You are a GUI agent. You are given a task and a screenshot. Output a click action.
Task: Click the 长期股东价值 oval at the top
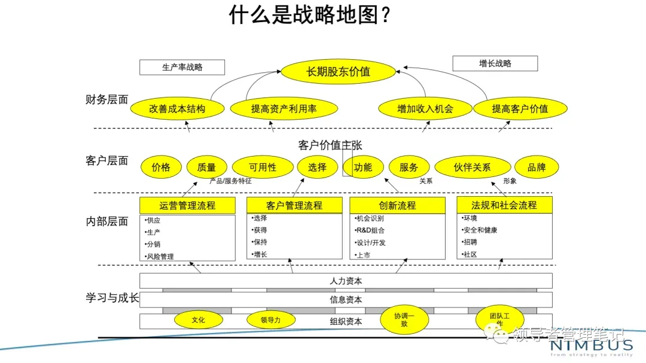pos(339,72)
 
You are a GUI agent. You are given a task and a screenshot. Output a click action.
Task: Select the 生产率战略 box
pos(182,67)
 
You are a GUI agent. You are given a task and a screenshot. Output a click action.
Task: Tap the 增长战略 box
pos(495,63)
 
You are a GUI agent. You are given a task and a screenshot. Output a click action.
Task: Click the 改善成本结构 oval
pos(178,109)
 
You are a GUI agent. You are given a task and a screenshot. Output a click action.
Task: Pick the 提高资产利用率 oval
pos(284,109)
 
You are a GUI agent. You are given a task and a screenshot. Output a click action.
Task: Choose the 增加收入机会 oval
pos(425,109)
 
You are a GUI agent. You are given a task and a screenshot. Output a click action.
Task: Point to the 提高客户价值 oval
pos(520,109)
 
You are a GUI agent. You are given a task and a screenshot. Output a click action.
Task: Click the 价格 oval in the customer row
pos(161,167)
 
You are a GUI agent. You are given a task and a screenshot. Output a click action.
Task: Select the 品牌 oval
pos(537,167)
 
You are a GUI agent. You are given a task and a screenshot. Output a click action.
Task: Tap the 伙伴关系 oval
pos(472,167)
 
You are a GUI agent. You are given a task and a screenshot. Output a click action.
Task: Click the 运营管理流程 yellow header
pos(187,206)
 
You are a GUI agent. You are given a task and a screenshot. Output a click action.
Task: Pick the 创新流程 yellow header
pos(397,206)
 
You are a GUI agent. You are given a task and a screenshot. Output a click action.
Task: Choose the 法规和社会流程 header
pos(504,206)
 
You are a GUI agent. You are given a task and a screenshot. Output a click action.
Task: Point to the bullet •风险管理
pos(160,257)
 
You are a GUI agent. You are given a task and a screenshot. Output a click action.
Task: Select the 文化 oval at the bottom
pos(198,320)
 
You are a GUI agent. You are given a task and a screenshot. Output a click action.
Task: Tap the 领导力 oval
pos(270,320)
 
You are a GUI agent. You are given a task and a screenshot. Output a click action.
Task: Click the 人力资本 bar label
pos(346,280)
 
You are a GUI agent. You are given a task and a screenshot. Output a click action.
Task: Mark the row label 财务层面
pos(107,100)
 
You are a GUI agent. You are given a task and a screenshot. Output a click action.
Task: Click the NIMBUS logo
pos(592,346)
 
